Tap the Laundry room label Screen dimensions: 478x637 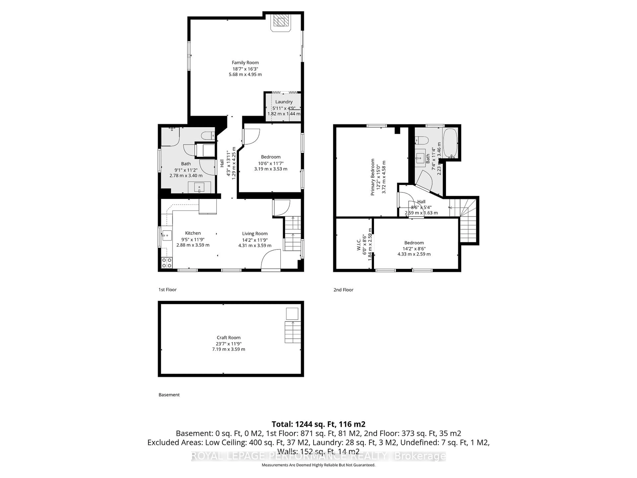(284, 102)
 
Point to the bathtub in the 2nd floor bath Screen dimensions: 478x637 (450, 143)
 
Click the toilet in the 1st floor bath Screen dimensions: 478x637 (208, 135)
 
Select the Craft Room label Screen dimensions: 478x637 (228, 337)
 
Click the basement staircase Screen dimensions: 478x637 (293, 332)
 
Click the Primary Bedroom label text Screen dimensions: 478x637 (373, 177)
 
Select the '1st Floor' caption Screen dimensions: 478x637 (167, 290)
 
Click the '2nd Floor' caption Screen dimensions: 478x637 (343, 290)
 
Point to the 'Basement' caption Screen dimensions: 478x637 (169, 395)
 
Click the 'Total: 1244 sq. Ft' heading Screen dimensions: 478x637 (318, 424)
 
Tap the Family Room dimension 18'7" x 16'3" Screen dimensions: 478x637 (245, 69)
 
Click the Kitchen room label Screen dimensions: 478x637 (193, 233)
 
